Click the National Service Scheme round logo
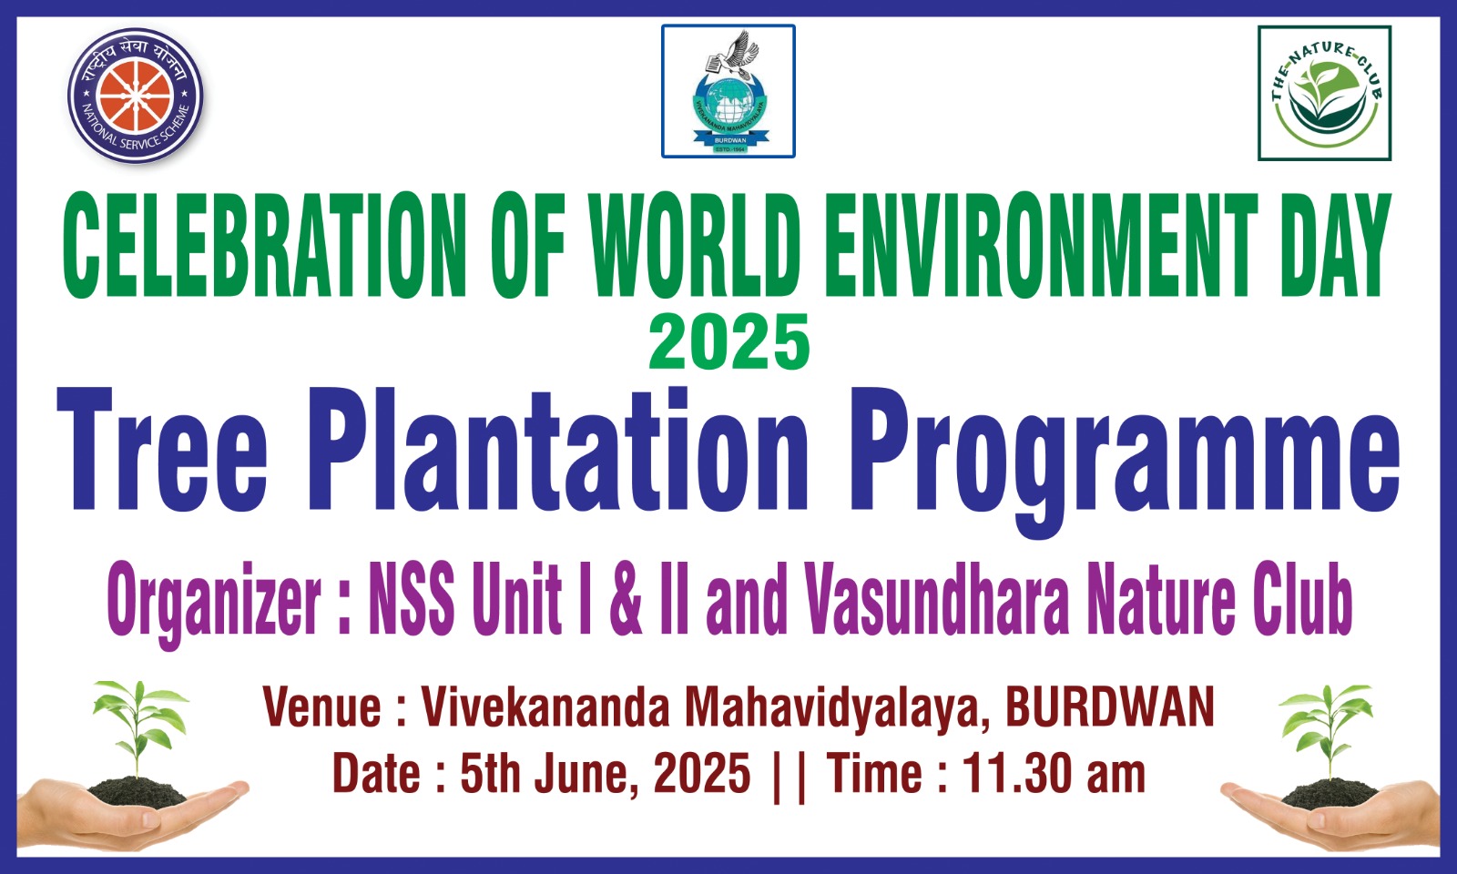(136, 95)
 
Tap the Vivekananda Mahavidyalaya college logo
(728, 91)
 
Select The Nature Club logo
(1324, 93)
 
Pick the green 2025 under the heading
(729, 342)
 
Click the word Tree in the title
(162, 450)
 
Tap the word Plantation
(557, 450)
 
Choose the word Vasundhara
(936, 599)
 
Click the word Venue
(322, 706)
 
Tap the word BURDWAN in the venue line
(1110, 706)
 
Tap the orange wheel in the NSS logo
(136, 96)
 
